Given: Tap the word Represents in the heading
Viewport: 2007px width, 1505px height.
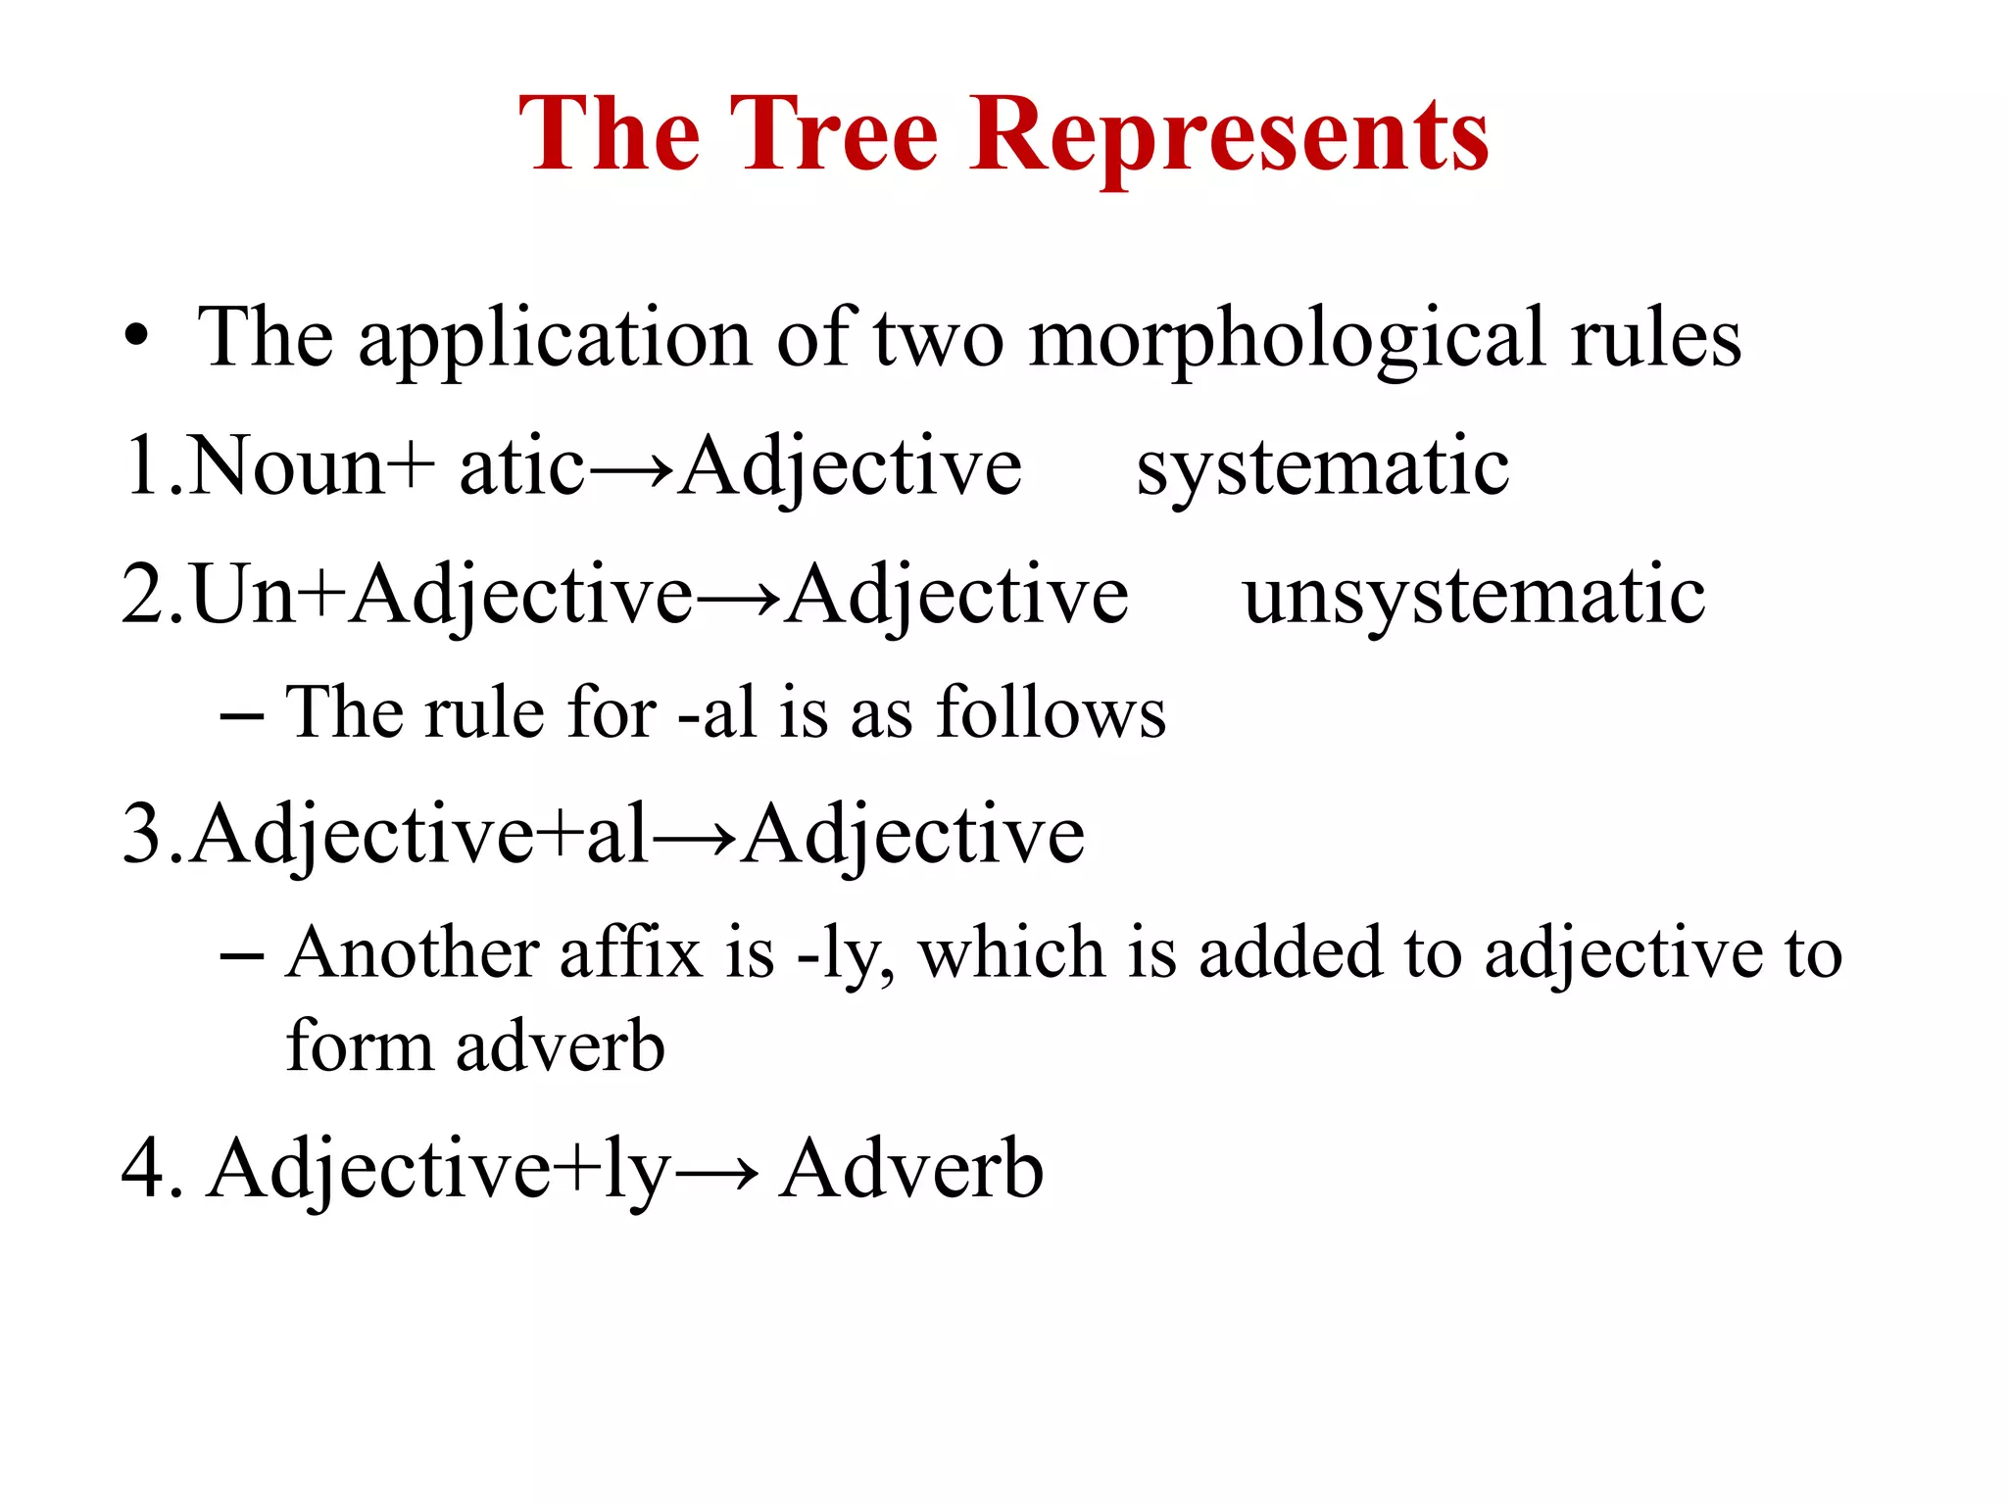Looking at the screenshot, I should click(1229, 135).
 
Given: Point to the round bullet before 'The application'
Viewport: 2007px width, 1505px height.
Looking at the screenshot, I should click(137, 339).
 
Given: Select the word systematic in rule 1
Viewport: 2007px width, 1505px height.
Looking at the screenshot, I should click(1322, 467).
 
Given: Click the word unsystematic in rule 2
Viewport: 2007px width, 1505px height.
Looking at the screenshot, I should click(1474, 596).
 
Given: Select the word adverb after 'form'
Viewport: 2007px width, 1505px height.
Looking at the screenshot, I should click(560, 1046).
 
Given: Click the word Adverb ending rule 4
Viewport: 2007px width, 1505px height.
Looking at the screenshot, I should click(910, 1169).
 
